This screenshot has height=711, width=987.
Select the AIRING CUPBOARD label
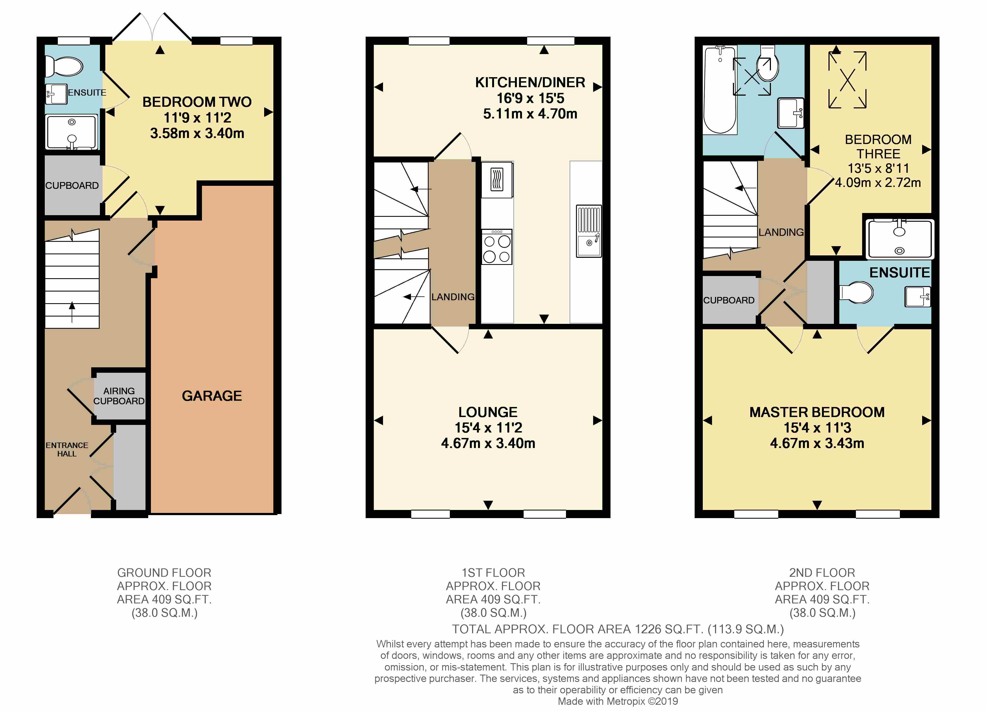(119, 396)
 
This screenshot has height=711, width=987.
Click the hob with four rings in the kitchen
(496, 247)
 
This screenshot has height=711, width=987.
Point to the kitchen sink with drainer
(589, 231)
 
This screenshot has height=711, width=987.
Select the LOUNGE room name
(488, 412)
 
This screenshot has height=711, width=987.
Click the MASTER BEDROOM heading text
(817, 412)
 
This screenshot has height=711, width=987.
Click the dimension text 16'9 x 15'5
(530, 98)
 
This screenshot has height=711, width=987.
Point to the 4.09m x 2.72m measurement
(878, 183)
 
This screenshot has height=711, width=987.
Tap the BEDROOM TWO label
(197, 102)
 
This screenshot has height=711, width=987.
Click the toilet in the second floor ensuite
(856, 293)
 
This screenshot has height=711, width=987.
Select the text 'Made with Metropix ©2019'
(618, 701)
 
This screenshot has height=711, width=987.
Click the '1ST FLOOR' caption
(493, 572)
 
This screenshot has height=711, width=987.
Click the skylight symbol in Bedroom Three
(847, 80)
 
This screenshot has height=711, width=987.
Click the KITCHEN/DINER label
(530, 82)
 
